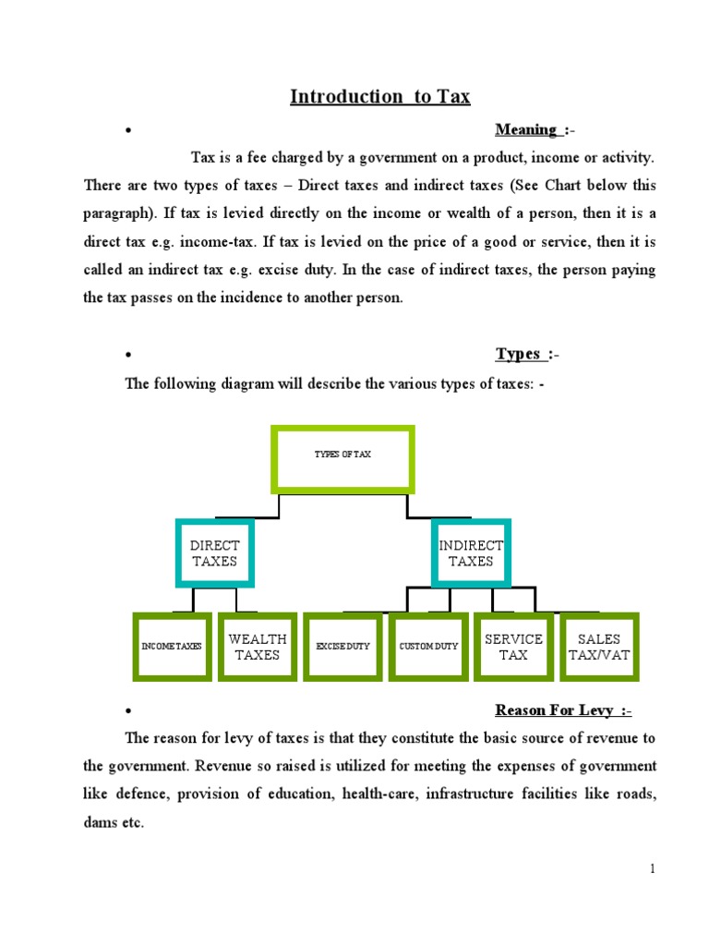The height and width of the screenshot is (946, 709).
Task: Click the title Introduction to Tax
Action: click(380, 97)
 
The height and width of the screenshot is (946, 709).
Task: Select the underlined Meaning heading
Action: click(526, 129)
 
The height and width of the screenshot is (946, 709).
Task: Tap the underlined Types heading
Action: click(518, 354)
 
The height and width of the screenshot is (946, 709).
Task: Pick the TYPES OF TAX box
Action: click(342, 458)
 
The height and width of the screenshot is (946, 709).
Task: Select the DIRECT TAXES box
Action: click(214, 553)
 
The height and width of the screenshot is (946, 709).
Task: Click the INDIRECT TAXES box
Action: click(471, 553)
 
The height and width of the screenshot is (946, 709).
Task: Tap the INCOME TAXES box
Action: click(171, 647)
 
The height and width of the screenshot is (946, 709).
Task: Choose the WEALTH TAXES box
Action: click(258, 647)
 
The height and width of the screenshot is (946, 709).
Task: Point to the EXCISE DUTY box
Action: click(342, 647)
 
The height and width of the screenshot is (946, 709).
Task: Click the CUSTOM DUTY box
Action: click(428, 647)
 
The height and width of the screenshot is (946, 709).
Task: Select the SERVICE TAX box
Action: click(513, 647)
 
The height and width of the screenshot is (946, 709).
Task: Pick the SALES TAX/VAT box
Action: click(598, 647)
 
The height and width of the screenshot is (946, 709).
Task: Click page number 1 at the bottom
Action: click(652, 867)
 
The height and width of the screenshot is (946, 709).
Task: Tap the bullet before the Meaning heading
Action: click(129, 130)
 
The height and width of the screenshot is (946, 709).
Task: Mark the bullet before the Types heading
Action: click(129, 355)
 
